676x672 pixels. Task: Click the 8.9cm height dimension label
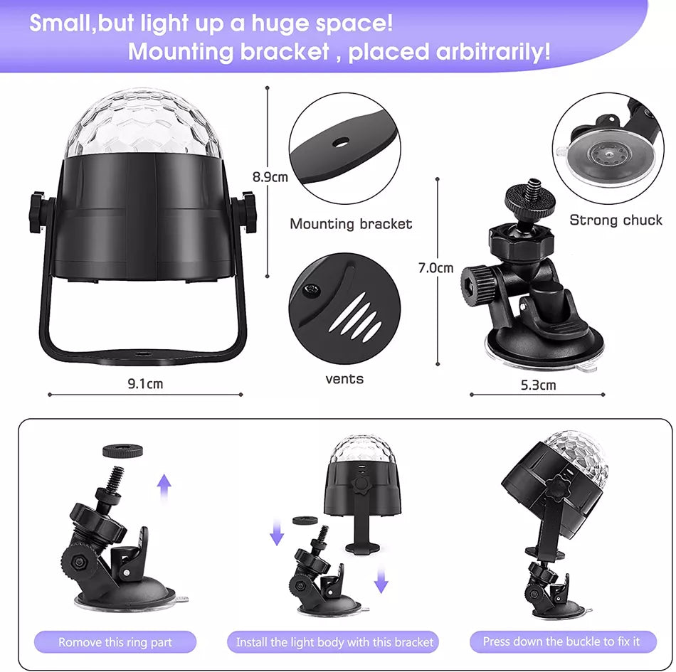coord(270,176)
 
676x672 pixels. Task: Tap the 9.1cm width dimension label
coord(145,383)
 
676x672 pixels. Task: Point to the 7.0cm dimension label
coord(436,268)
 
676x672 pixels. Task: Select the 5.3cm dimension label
coord(538,385)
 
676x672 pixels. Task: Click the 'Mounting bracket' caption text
coord(351,223)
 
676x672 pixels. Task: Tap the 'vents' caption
coord(344,379)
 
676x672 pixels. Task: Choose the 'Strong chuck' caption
coord(616,220)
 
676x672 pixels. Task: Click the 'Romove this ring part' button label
coord(115,642)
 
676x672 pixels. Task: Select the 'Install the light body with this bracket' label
coord(334,642)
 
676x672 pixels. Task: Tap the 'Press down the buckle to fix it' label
coord(561,641)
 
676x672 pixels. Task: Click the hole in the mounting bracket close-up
coord(341,142)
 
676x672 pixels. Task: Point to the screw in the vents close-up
coord(310,290)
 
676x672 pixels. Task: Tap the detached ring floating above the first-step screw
coord(123,452)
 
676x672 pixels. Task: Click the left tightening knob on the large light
coord(39,213)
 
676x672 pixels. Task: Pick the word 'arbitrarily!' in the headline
coord(493,52)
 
